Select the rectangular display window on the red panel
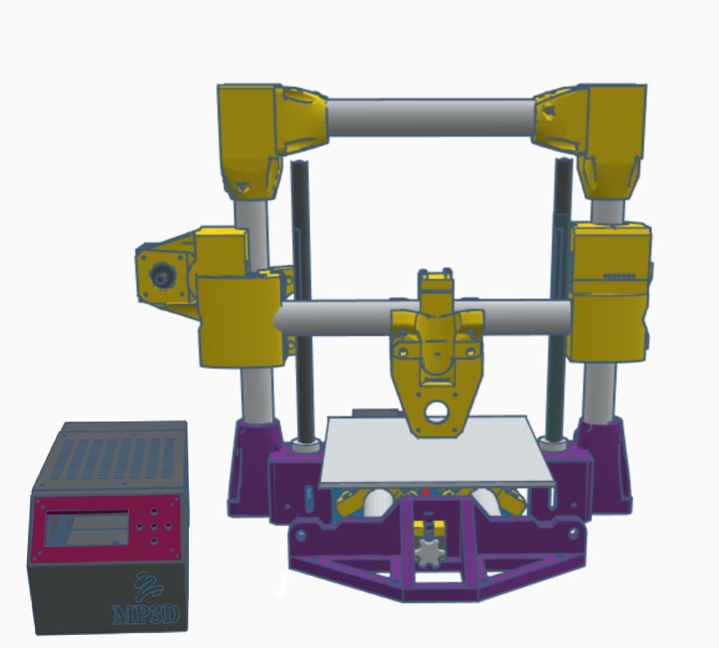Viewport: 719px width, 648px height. pyautogui.click(x=87, y=529)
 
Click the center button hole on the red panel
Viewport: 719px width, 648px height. pyautogui.click(x=154, y=526)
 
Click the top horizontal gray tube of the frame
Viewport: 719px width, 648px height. pyautogui.click(x=430, y=117)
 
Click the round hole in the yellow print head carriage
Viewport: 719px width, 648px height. pyautogui.click(x=436, y=412)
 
